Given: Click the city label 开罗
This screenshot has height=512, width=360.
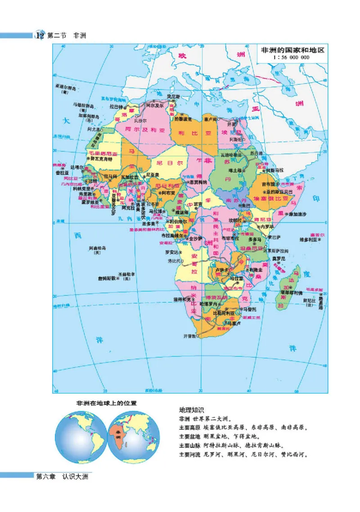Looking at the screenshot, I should pyautogui.click(x=231, y=124).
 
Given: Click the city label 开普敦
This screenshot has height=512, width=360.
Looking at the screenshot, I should pyautogui.click(x=190, y=336).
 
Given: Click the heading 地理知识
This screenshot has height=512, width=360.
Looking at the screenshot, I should pyautogui.click(x=192, y=410).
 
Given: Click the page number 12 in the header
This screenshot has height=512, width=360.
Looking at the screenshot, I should pyautogui.click(x=40, y=36).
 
